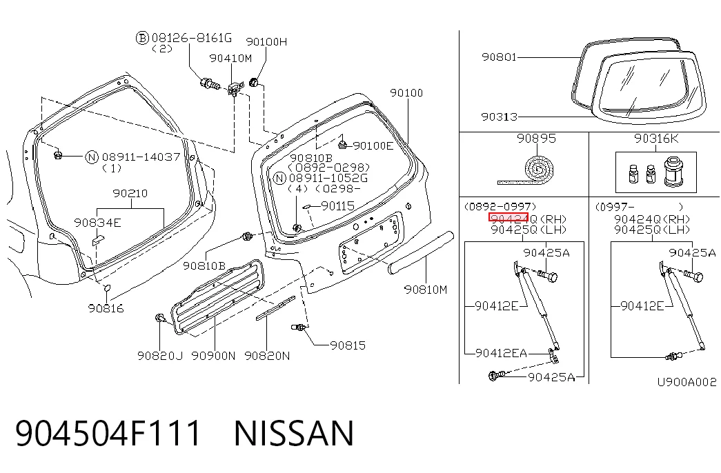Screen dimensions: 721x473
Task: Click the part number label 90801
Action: [499, 57]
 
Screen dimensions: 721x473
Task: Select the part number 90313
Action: [499, 117]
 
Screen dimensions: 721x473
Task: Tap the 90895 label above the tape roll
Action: [536, 139]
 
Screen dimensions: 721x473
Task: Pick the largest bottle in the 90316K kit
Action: [673, 172]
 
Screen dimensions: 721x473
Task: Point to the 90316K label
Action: [656, 139]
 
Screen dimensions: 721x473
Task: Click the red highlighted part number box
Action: [508, 217]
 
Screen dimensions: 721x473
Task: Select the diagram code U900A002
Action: [687, 382]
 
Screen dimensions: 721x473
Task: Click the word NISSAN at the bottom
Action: [294, 433]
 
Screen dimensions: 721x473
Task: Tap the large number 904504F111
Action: [108, 433]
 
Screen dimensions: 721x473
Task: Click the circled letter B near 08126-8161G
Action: [143, 38]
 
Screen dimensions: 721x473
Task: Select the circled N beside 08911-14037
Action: [92, 157]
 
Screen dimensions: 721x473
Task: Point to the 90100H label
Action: [266, 42]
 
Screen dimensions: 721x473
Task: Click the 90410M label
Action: [230, 59]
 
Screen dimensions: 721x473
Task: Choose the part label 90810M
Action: [425, 290]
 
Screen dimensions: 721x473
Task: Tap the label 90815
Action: [348, 345]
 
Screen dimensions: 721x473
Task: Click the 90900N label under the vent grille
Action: [213, 356]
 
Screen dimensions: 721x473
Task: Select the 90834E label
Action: [97, 223]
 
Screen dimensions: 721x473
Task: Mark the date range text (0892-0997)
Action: [500, 206]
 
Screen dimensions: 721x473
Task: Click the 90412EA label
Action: [501, 353]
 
